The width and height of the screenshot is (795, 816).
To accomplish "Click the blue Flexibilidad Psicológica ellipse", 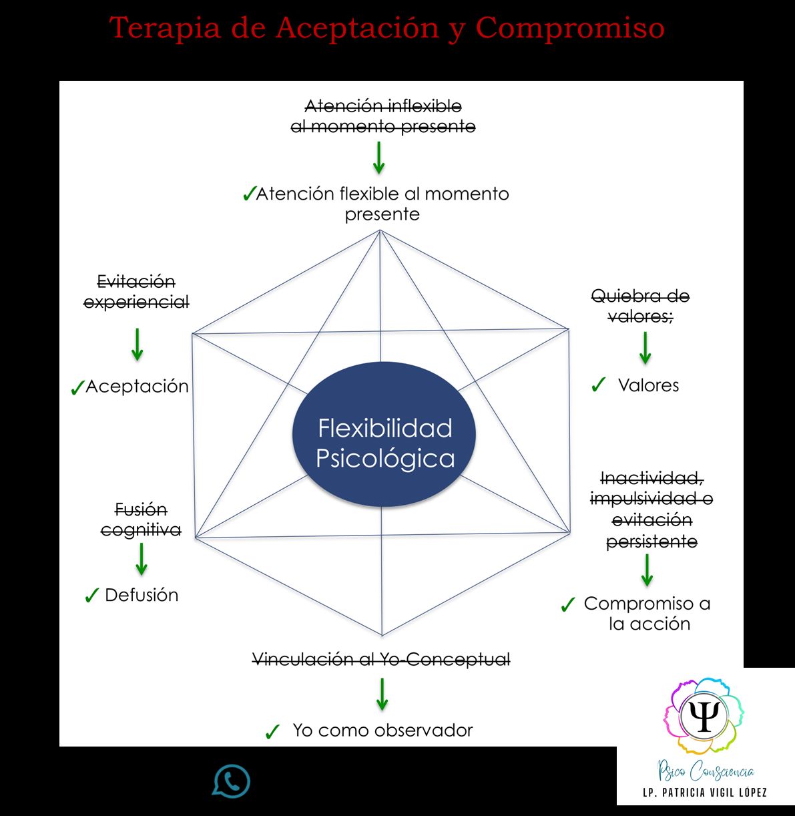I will click(384, 433).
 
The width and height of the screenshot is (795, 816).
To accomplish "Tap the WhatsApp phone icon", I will click(232, 781).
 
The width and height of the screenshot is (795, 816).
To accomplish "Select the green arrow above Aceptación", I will click(137, 344).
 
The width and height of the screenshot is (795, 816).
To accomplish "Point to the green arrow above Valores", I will click(645, 348).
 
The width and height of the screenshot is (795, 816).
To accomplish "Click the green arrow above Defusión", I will click(142, 559).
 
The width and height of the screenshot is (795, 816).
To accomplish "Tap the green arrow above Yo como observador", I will click(382, 694).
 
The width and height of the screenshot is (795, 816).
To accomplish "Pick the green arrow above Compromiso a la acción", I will click(647, 570).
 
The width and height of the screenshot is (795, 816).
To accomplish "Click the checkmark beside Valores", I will click(598, 385).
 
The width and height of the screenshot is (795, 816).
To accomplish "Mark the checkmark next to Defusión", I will click(92, 596).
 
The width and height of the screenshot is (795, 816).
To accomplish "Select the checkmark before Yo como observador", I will click(272, 732).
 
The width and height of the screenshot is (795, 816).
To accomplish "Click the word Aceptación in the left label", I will click(137, 387).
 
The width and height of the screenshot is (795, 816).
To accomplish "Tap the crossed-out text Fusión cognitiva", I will click(141, 520).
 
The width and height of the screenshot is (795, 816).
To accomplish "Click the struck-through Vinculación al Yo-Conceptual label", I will click(381, 660).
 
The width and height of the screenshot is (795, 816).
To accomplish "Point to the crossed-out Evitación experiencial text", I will click(136, 292).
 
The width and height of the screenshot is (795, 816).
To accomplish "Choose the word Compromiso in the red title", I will click(570, 28).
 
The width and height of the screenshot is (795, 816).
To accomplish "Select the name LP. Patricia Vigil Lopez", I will click(704, 793).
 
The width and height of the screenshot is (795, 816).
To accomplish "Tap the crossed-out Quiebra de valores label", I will click(640, 306).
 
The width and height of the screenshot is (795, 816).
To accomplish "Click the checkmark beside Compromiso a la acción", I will click(568, 605).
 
